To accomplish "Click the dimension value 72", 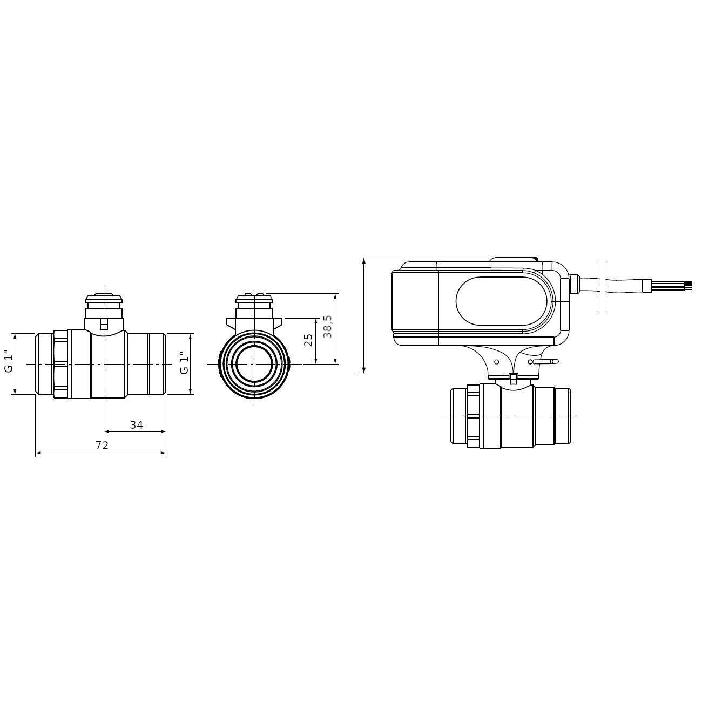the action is [102, 445].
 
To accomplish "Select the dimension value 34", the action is [136, 425].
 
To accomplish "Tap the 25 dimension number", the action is [308, 340].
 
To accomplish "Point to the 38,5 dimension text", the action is [327, 327].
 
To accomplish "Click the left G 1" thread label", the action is [9, 363].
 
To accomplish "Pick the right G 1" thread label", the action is [184, 363].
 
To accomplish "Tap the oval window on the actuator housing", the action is [501, 301].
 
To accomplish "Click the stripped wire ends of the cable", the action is [685, 286].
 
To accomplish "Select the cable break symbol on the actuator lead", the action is [603, 286].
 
